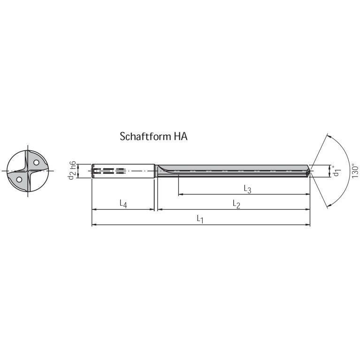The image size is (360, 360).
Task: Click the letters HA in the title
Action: [x=180, y=137]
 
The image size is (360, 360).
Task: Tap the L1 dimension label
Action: [x=200, y=219]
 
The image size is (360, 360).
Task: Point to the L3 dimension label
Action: [x=248, y=189]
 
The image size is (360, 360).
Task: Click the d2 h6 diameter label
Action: [x=72, y=170]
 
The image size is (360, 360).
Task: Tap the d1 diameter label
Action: [x=337, y=170]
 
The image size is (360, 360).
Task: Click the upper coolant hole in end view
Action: [x=36, y=162]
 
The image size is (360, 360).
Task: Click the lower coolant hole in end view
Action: [x=19, y=179]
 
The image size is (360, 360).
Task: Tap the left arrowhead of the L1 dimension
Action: [x=94, y=225]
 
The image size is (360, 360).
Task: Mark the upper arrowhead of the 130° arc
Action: [x=329, y=136]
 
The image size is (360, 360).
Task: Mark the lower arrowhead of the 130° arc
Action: [x=329, y=205]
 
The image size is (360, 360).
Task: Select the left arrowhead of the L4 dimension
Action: [x=94, y=209]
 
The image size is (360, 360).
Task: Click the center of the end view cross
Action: [x=28, y=171]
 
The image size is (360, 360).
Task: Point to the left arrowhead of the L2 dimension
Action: [x=159, y=209]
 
